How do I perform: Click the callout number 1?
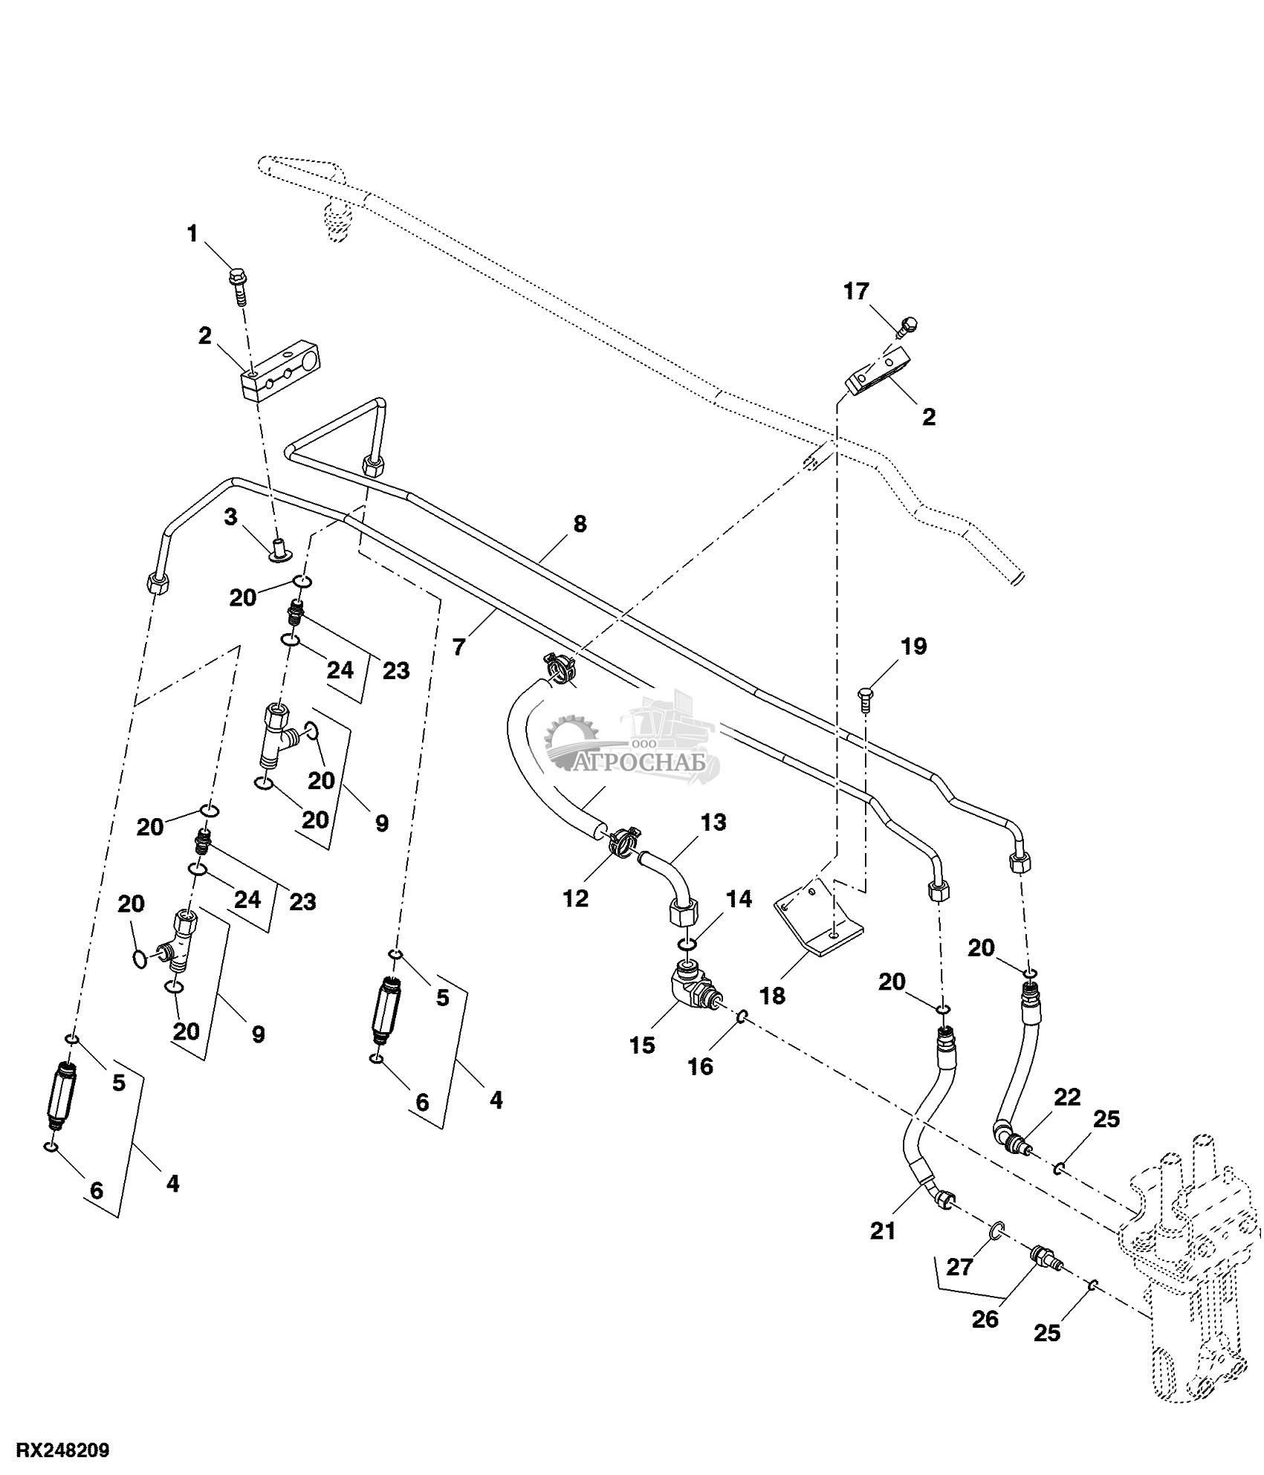click(192, 235)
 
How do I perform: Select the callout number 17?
click(856, 291)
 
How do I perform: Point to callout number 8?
click(580, 524)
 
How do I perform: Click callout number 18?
click(773, 996)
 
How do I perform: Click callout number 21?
click(883, 1231)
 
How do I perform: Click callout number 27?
click(959, 1266)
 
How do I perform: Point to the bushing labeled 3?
click(280, 550)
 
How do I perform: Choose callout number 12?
click(576, 898)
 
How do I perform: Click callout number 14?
click(738, 900)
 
